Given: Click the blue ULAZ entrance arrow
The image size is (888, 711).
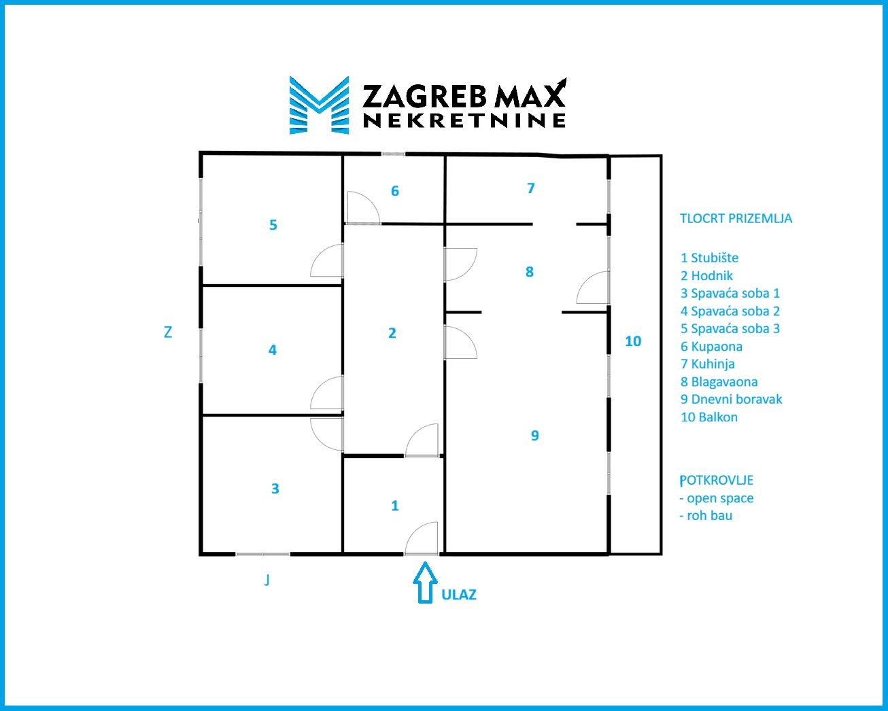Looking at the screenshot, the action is pyautogui.click(x=425, y=583).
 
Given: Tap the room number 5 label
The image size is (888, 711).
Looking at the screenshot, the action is pyautogui.click(x=273, y=225).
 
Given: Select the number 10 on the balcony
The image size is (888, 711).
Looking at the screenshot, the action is pyautogui.click(x=633, y=341).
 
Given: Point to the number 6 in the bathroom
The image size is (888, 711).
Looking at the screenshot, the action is pyautogui.click(x=395, y=191).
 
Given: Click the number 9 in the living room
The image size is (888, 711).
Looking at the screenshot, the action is pyautogui.click(x=535, y=435).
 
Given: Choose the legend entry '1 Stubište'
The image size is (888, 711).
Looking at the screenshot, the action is pyautogui.click(x=709, y=258).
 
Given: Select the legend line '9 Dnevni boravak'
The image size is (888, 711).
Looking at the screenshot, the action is pyautogui.click(x=731, y=400).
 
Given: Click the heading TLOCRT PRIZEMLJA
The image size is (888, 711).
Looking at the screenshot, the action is pyautogui.click(x=736, y=219).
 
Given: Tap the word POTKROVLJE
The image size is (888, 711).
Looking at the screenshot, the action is pyautogui.click(x=717, y=480).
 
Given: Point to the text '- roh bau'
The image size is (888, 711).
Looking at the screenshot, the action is pyautogui.click(x=706, y=516).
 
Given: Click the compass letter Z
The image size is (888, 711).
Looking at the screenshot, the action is pyautogui.click(x=167, y=332).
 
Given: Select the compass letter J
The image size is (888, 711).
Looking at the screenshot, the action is pyautogui.click(x=267, y=580).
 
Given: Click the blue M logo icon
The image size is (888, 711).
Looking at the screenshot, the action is pyautogui.click(x=320, y=105).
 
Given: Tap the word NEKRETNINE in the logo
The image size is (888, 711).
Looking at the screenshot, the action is pyautogui.click(x=464, y=120).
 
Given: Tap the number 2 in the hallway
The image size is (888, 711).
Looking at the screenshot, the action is pyautogui.click(x=392, y=333).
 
